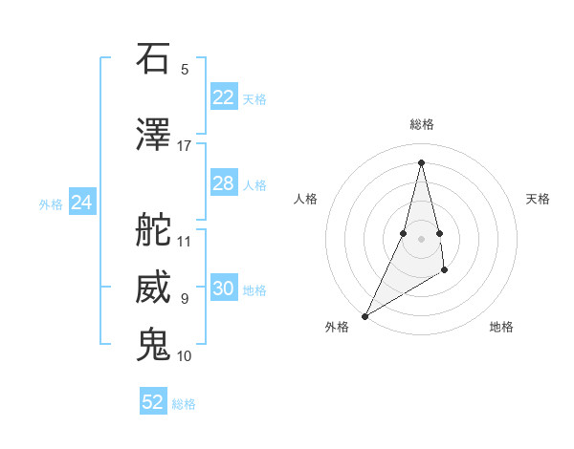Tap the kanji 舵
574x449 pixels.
point(154,230)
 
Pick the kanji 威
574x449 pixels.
point(154,289)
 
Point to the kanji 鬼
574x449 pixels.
point(154,345)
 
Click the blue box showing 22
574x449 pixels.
point(223,97)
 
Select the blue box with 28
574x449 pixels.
point(223,183)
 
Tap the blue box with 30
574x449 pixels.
point(223,289)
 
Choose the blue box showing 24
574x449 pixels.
point(82,203)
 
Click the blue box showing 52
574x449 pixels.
point(153,402)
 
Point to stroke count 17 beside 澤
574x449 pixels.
point(184,146)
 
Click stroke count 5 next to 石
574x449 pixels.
point(184,70)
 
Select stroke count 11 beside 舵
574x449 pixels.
point(184,242)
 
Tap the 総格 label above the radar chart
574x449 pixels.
point(422,124)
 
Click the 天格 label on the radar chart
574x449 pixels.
point(539,199)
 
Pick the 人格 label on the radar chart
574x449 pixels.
point(305,199)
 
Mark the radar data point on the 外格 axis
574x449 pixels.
point(364,315)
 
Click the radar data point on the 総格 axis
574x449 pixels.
point(421,161)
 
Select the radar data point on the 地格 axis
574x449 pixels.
point(446,271)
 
